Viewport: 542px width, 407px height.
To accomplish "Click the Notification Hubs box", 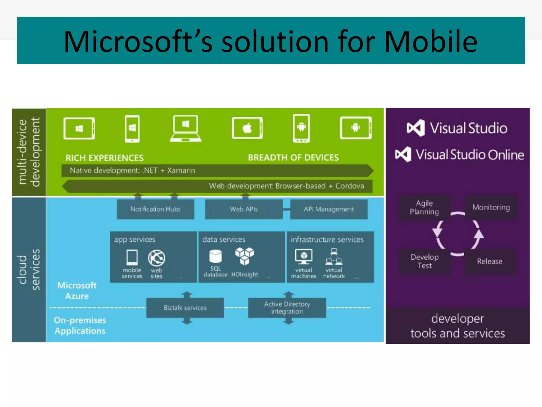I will (156, 209).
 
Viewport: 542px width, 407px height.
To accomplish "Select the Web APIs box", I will (244, 209).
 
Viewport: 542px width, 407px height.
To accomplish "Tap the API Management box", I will (329, 209).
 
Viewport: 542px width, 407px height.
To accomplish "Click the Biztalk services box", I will (185, 308).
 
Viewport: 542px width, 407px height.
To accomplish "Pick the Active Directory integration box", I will (287, 308).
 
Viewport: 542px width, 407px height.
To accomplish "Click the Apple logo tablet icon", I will (247, 128).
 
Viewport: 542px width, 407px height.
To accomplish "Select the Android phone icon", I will (301, 128).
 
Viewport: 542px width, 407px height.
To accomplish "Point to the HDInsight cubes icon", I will (245, 256).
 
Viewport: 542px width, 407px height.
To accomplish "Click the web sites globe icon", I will (156, 258).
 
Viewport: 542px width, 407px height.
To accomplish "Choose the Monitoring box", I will (491, 207).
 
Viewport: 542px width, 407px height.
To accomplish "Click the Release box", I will (490, 262).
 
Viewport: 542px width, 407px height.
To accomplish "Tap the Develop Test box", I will (424, 262).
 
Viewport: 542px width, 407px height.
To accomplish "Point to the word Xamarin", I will (181, 171).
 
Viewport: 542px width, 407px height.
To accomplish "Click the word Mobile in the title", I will (431, 42).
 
